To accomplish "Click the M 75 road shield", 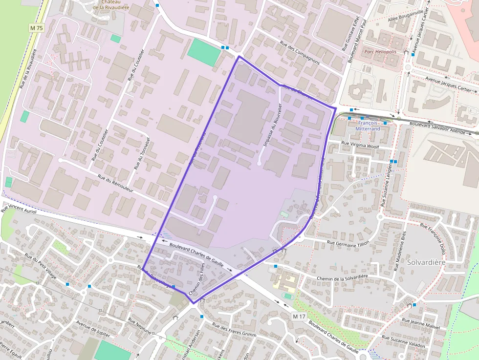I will [x=37, y=28].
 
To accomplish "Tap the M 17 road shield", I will [x=299, y=317].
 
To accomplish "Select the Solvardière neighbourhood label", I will [x=426, y=263].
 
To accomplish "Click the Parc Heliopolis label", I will [x=380, y=51].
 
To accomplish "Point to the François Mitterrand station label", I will [x=369, y=126].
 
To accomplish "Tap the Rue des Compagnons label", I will [x=300, y=52].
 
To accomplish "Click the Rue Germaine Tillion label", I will [x=348, y=243].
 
